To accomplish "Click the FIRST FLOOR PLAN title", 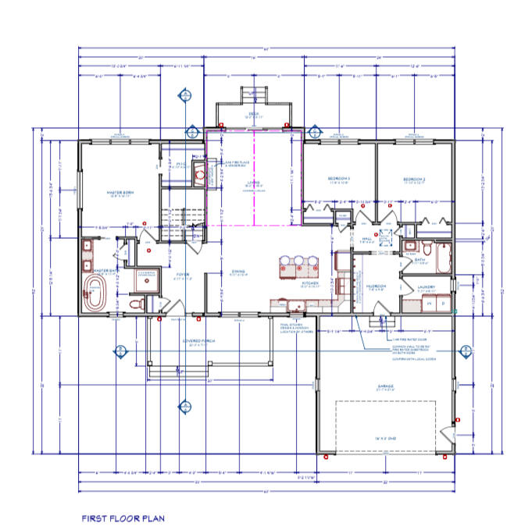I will click(x=123, y=517).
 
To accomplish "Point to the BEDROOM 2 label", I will click(x=414, y=180).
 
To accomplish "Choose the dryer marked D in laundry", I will click(x=443, y=302).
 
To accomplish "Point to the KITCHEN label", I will click(x=309, y=283).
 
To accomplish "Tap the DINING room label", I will click(x=238, y=272).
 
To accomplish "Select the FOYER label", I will click(x=182, y=274).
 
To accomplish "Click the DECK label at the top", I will click(x=254, y=114).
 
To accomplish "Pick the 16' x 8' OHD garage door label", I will click(x=385, y=440).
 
